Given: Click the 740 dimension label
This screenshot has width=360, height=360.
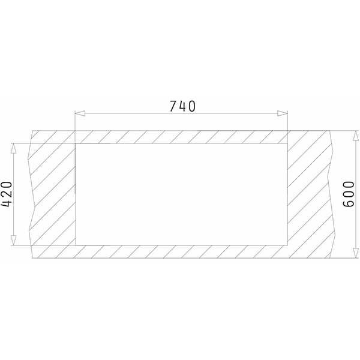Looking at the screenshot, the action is (x=182, y=106).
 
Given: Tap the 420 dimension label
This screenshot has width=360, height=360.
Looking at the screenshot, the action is (x=7, y=194).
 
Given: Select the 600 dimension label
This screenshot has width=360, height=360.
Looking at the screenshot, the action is (x=349, y=194).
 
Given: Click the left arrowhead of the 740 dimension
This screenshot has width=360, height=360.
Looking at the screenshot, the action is (x=80, y=113).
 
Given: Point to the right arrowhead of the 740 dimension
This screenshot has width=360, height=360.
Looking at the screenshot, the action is (x=283, y=113).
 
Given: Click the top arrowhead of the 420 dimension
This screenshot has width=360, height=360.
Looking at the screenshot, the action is (x=14, y=148).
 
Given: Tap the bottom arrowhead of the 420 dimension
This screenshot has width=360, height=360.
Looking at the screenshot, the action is (x=14, y=240).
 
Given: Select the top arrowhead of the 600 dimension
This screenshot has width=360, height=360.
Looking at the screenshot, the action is (x=356, y=136).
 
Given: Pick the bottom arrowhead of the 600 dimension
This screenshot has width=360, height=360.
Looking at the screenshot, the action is (x=356, y=253).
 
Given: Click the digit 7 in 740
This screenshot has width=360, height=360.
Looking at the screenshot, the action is (x=173, y=106).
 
